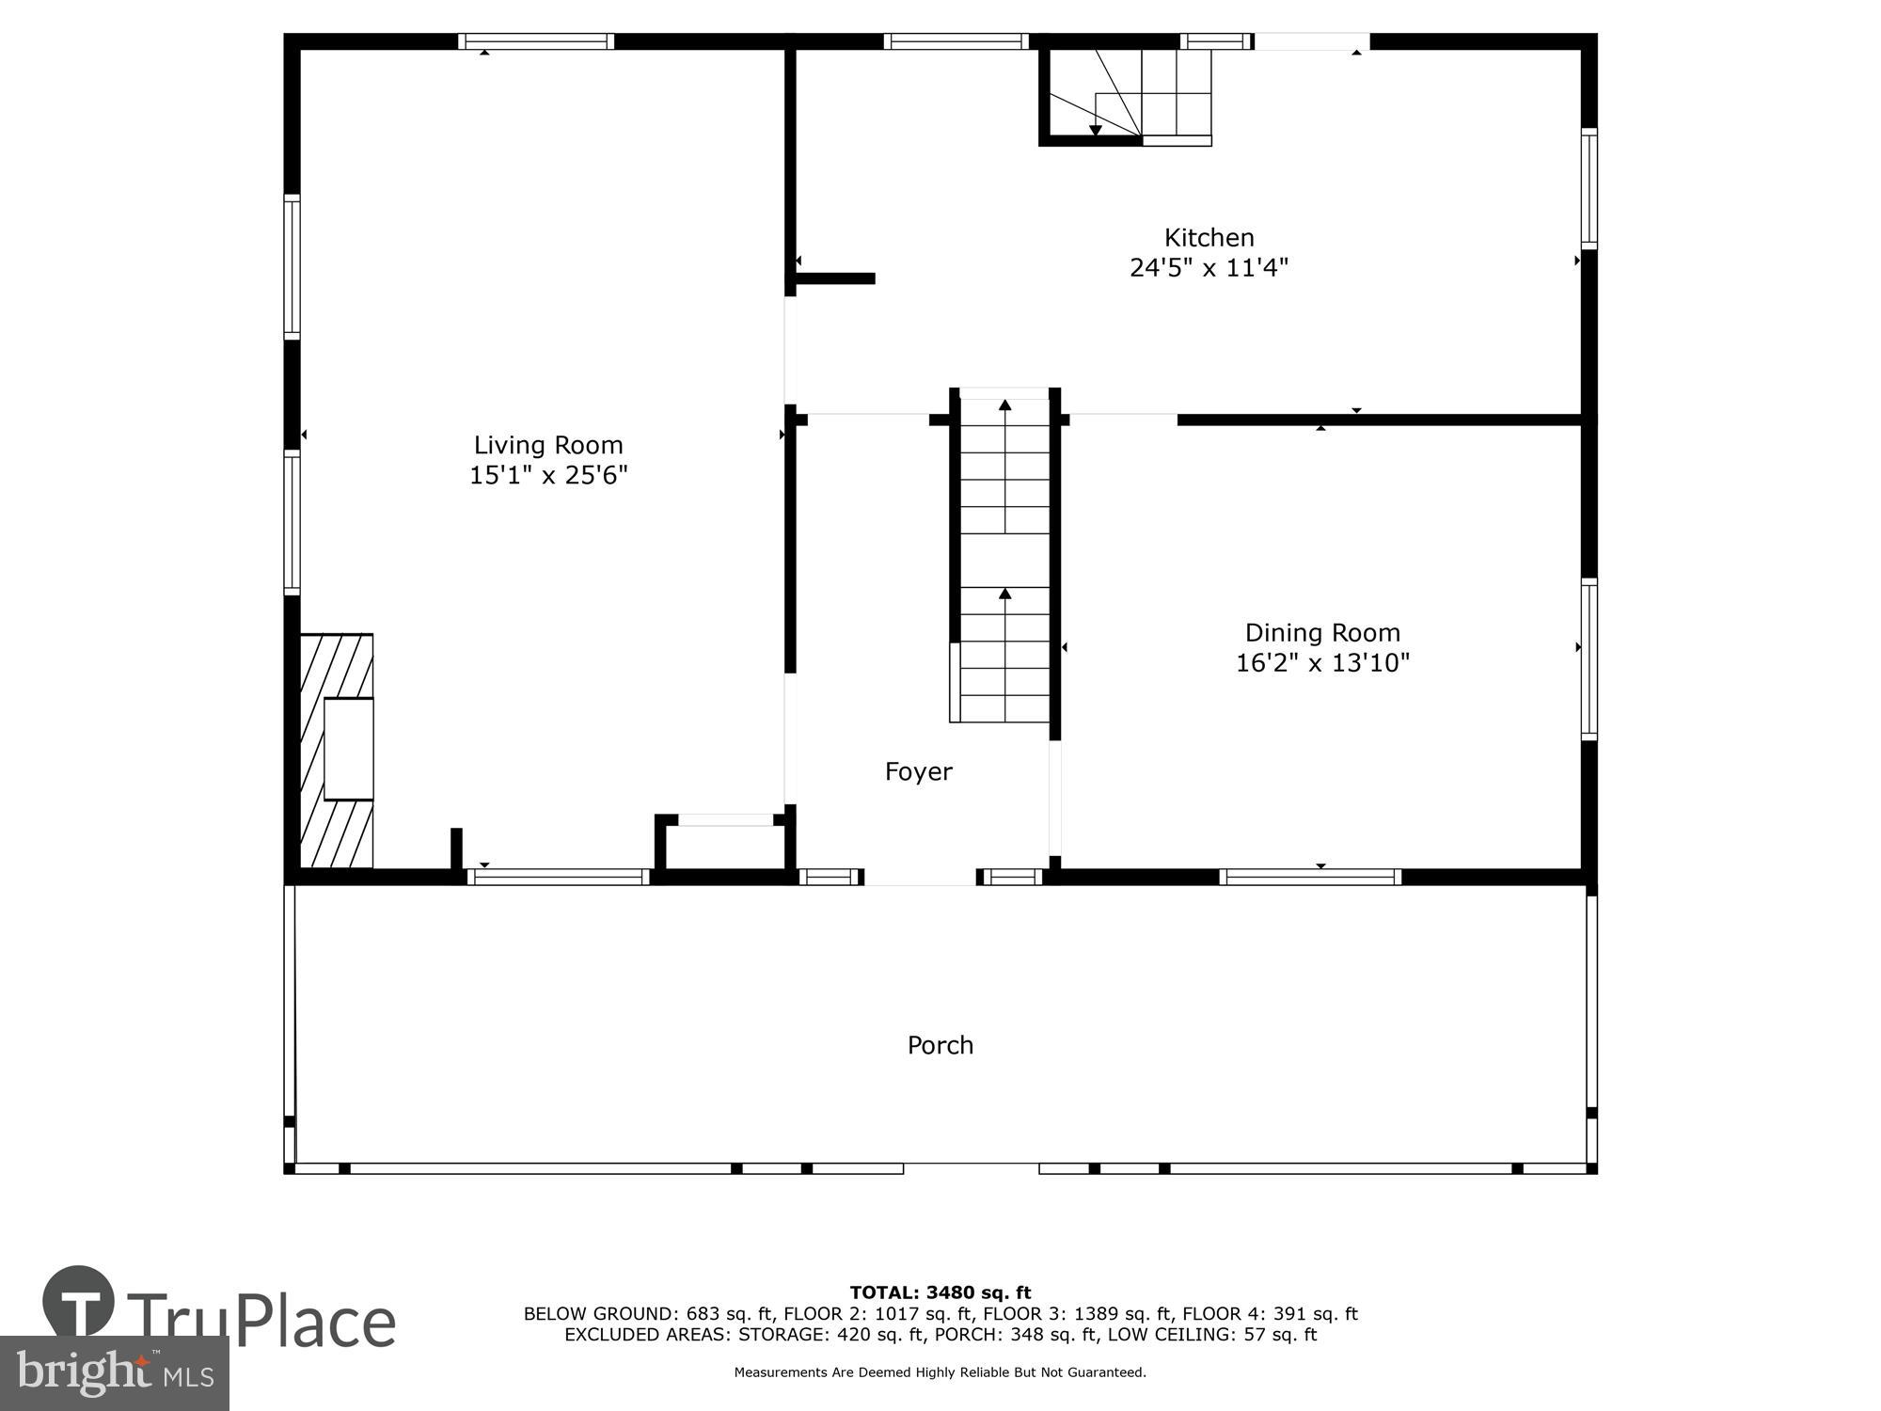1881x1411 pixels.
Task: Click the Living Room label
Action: coord(547,445)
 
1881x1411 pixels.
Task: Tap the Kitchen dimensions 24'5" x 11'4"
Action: coord(1209,268)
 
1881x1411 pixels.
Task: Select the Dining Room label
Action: coord(1322,632)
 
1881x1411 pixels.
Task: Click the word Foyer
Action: coord(918,772)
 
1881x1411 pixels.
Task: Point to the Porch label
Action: coord(940,1045)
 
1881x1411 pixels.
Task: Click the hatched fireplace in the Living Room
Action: coord(337,751)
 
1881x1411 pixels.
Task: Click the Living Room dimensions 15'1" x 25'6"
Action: coord(547,475)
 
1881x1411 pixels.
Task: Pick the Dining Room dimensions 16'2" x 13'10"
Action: coord(1322,663)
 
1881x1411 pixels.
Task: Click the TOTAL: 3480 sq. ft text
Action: coord(940,1292)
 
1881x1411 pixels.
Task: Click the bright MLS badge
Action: coord(114,1373)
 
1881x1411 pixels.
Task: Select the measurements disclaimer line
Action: coord(940,1372)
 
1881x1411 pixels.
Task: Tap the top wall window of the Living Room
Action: coord(536,41)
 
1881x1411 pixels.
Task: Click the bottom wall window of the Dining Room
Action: coord(1310,877)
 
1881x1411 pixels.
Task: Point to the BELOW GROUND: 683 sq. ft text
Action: coord(648,1314)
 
